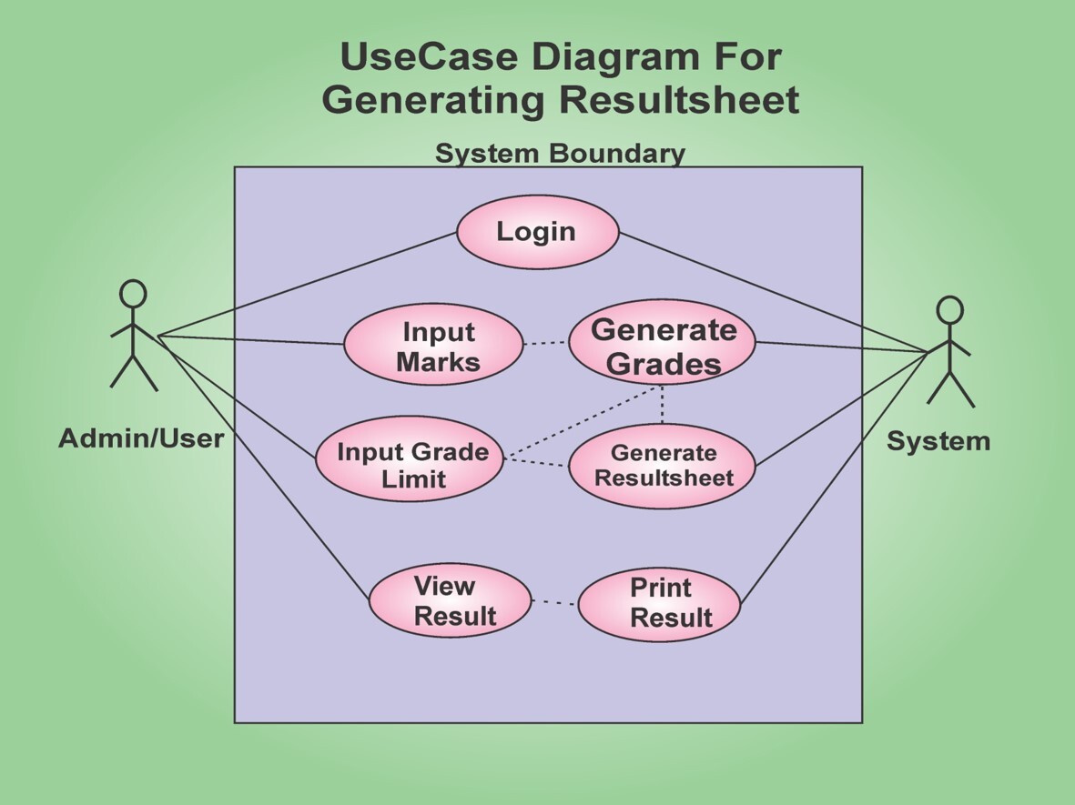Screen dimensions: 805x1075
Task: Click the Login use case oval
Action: click(537, 232)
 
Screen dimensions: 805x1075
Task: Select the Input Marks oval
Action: click(433, 346)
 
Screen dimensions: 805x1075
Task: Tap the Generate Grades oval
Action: click(663, 344)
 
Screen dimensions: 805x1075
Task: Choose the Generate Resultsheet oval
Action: click(663, 466)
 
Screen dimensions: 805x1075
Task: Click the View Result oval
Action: click(450, 600)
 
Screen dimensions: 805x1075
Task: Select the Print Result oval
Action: click(659, 604)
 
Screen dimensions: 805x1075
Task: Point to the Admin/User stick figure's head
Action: click(133, 293)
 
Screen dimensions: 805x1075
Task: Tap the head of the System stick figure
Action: click(949, 310)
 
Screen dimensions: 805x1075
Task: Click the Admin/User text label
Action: click(141, 438)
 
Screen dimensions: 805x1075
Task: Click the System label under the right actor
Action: click(938, 441)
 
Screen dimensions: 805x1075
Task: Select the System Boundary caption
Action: click(559, 153)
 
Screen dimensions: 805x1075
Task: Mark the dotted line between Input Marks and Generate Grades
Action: click(546, 343)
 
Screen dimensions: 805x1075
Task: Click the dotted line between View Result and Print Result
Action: click(554, 602)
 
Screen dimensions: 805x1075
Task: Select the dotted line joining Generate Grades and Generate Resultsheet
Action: click(662, 404)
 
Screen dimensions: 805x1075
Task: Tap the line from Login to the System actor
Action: click(774, 291)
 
